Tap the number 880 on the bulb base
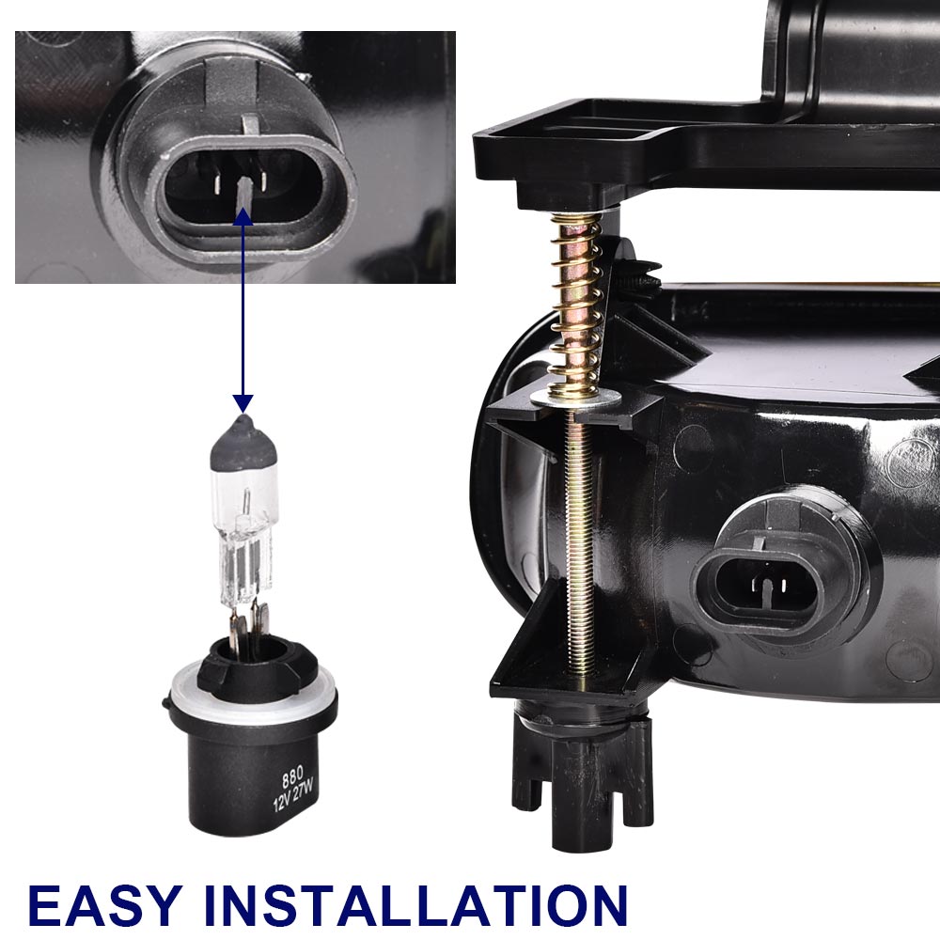point(292,778)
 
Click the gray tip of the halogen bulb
point(243,441)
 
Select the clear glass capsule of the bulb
point(244,527)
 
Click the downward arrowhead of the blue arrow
point(243,403)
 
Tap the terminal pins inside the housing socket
point(769,585)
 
